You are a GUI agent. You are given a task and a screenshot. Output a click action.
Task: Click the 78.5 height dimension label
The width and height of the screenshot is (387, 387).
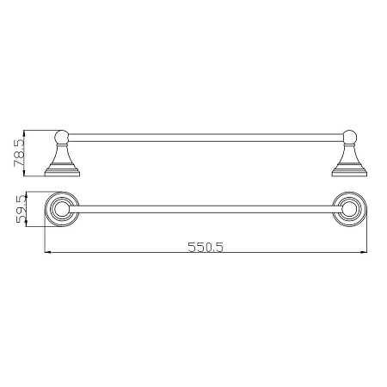pos(19,153)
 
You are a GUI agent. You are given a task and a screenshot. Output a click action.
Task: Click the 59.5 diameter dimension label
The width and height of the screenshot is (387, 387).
pos(21,209)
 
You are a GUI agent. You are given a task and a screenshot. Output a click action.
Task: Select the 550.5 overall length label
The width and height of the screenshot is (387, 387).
pos(206,247)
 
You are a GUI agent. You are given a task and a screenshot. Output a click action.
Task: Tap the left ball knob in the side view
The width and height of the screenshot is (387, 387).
pos(62,137)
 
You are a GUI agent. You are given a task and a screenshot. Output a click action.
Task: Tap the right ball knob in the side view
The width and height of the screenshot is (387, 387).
pos(350,137)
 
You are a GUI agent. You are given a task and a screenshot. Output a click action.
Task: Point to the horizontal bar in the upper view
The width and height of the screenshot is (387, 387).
pos(206,138)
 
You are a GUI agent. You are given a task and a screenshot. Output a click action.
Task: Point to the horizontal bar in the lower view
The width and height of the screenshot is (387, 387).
pos(206,209)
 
